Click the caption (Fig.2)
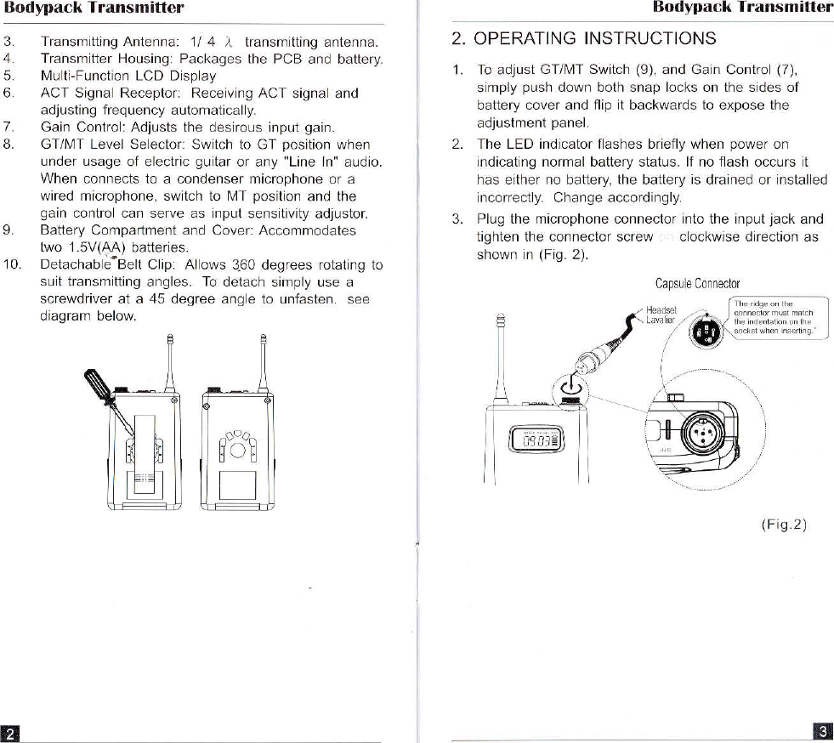(783, 524)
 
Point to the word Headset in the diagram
(661, 310)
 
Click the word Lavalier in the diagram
(660, 320)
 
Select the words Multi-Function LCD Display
(128, 76)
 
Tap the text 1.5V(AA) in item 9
(95, 247)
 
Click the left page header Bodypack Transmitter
(94, 9)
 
